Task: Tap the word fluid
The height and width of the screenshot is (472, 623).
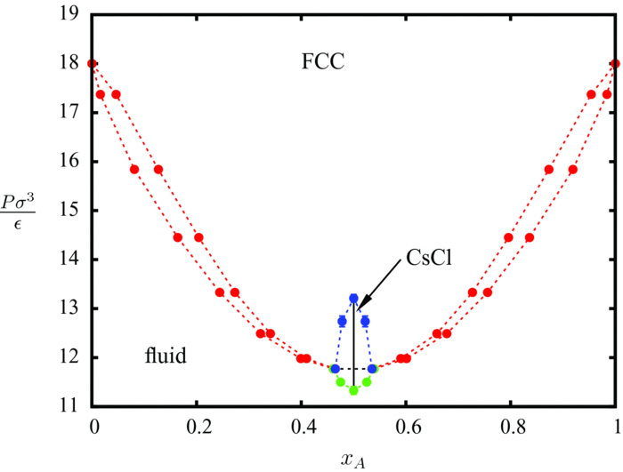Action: point(166,356)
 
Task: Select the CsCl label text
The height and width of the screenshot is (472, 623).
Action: point(432,259)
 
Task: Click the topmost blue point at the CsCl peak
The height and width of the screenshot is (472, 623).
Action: point(354,299)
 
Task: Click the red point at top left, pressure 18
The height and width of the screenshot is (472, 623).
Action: point(93,63)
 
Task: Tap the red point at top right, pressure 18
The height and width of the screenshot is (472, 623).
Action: point(616,63)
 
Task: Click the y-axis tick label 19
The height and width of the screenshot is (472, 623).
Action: point(70,14)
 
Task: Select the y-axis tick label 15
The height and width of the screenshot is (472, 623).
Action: point(70,211)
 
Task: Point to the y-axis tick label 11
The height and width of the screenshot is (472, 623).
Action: point(70,407)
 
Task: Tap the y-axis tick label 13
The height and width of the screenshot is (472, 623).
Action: point(70,308)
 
